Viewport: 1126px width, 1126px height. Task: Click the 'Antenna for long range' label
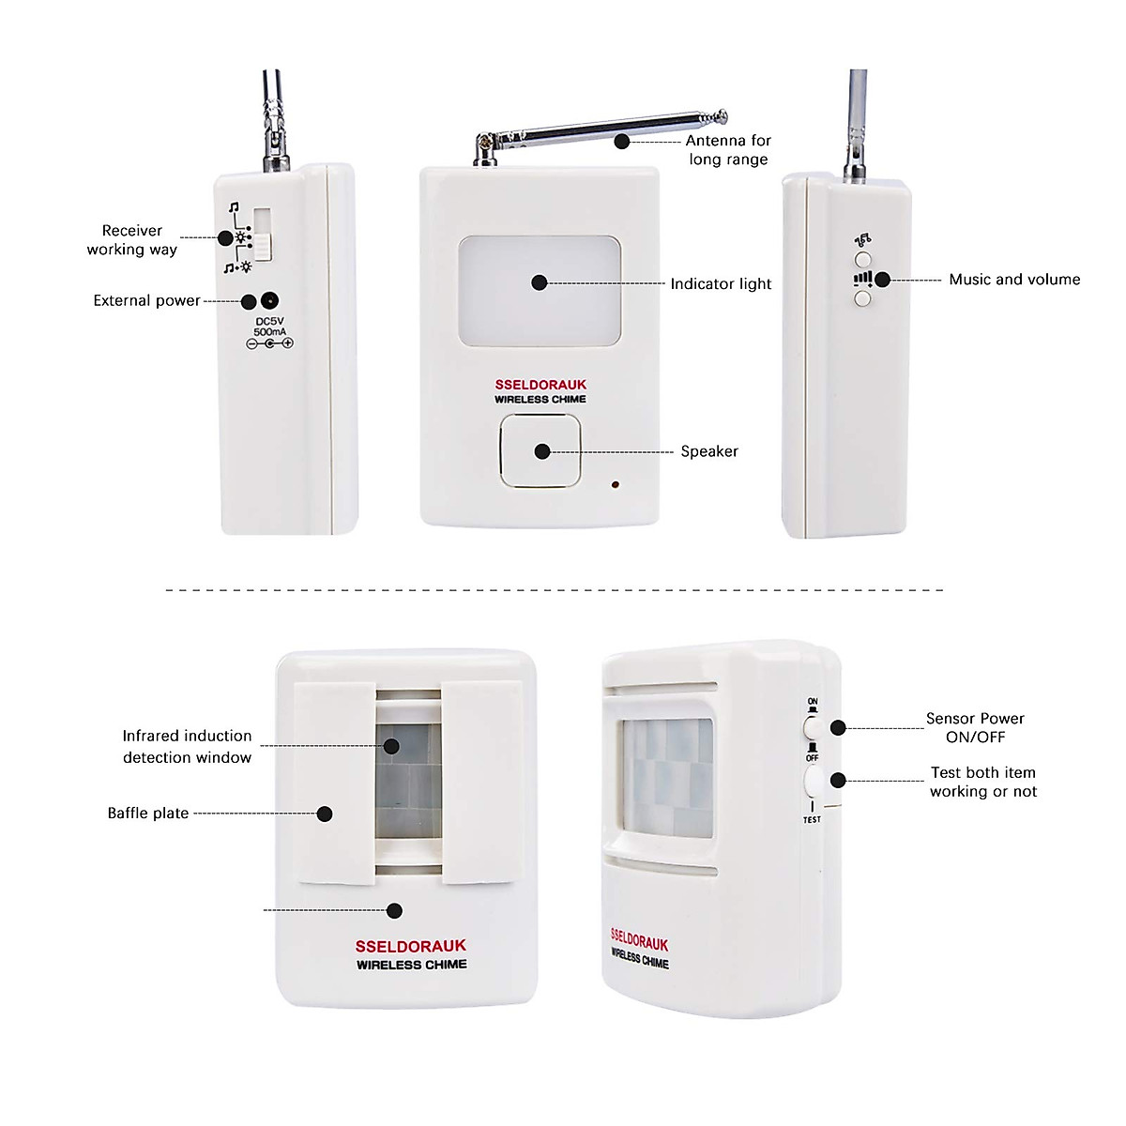(728, 150)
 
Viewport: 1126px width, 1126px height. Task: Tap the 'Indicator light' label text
(721, 284)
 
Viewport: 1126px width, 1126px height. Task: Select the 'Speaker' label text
(709, 451)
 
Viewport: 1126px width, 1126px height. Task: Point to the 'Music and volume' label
(1014, 280)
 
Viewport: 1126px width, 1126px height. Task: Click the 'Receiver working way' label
(132, 240)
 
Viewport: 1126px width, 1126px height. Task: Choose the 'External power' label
(146, 301)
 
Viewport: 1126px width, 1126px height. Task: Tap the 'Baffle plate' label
(148, 814)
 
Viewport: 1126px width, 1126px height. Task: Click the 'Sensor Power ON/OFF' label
(975, 728)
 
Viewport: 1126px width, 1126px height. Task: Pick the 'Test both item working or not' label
(982, 783)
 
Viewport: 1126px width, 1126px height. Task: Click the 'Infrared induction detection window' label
(187, 747)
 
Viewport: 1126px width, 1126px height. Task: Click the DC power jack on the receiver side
(270, 301)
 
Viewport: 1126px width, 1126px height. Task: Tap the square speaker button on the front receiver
(540, 451)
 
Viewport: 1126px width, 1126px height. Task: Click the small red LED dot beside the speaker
(615, 485)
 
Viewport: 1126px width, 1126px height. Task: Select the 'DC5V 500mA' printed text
(269, 327)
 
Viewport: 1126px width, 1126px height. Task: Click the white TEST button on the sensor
(813, 781)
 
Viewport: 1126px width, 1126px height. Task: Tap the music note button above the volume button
(863, 258)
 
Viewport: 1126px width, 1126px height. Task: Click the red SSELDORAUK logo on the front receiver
(540, 385)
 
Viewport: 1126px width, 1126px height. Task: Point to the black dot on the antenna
(621, 141)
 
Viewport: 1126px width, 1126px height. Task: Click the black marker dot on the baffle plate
(325, 814)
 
